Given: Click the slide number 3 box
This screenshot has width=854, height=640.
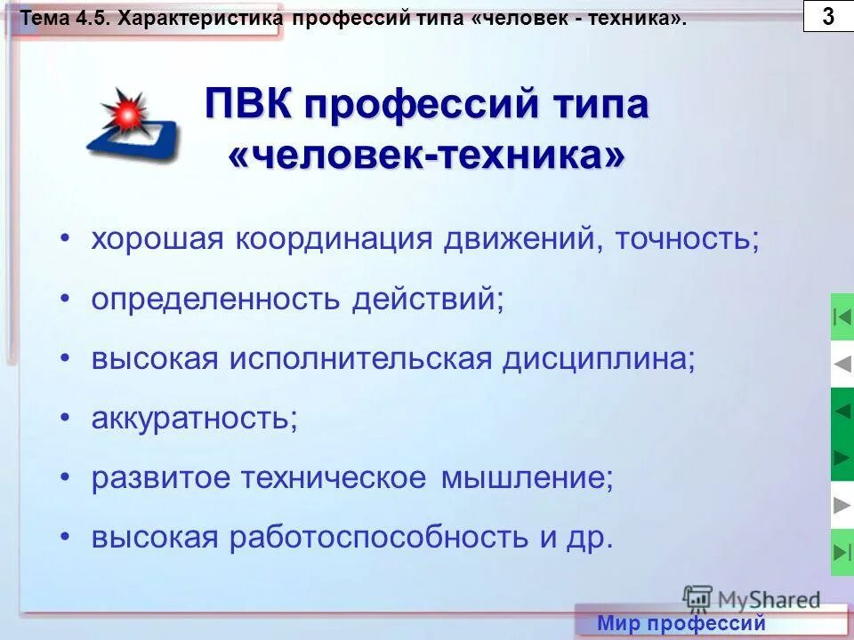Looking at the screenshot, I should [827, 16].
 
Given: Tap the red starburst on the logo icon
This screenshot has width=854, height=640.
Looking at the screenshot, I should [124, 113].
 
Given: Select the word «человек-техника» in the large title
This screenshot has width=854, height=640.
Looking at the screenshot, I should [427, 156].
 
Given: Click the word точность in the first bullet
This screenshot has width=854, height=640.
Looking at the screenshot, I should [681, 240].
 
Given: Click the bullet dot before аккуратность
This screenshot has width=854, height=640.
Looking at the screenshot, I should [65, 419].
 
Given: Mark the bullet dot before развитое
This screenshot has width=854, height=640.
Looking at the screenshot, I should [65, 478].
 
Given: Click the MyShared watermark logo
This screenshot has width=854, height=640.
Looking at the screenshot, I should [752, 599].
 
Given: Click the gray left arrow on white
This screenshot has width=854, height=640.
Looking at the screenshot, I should [842, 364].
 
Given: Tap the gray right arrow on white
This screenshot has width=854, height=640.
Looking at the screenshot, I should [842, 506].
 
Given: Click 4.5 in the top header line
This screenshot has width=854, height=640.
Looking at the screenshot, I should [98, 17].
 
